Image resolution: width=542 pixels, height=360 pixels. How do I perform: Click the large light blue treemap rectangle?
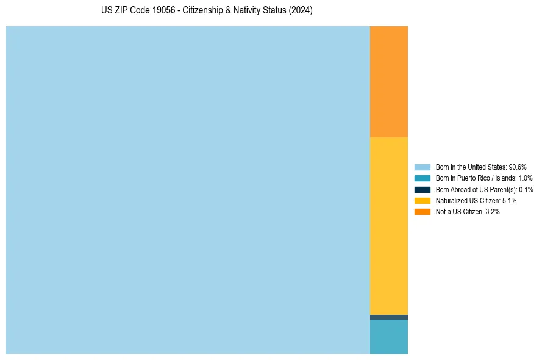188,190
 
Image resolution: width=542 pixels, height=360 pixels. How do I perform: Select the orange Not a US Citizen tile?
388,82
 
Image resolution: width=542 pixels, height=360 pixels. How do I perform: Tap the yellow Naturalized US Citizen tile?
388,226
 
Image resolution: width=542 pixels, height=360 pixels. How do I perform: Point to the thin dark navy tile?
388,317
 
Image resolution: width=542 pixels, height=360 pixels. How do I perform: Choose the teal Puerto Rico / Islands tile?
388,337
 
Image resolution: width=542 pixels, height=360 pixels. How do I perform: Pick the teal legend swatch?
422,178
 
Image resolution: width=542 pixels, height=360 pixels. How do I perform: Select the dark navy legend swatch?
422,189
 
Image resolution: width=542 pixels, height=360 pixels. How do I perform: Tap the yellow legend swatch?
422,200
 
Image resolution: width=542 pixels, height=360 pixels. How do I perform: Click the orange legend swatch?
422,211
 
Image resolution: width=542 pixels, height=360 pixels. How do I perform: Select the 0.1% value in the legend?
526,189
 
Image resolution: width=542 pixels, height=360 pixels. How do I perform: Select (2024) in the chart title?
301,11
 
